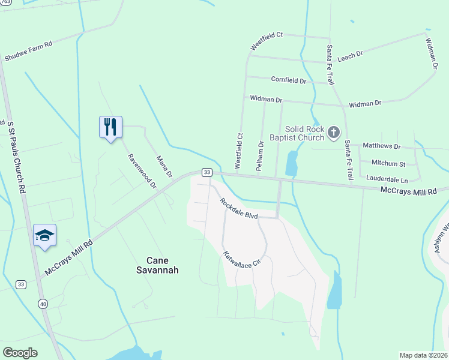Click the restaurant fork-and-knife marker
point(110,127)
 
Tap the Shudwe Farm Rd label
point(28,52)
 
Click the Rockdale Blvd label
point(238,208)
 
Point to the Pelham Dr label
point(260,156)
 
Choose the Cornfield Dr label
point(289,80)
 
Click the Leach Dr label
point(351,55)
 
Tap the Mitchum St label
point(388,163)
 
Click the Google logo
point(20,353)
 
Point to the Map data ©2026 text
point(423,355)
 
